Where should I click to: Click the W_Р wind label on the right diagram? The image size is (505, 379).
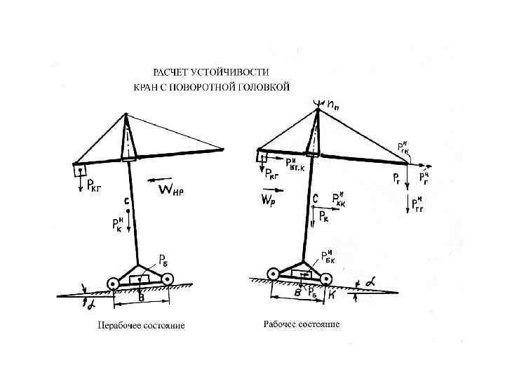[x=268, y=200]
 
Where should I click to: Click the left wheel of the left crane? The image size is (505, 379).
[x=112, y=283]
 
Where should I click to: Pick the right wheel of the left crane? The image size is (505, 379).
[x=168, y=279]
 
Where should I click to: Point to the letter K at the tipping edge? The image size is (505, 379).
[x=332, y=295]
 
